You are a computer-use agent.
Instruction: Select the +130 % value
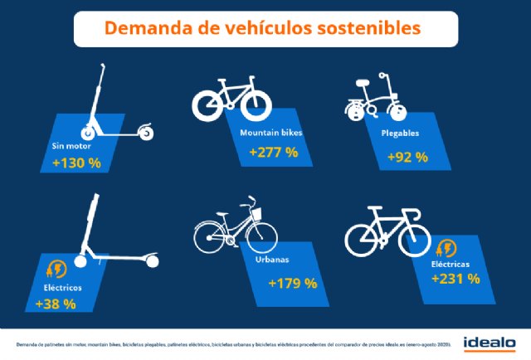pyautogui.click(x=76, y=163)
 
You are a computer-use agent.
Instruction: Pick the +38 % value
pyautogui.click(x=56, y=304)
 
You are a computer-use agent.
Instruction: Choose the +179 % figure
pyautogui.click(x=292, y=284)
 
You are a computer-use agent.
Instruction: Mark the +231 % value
pyautogui.click(x=455, y=279)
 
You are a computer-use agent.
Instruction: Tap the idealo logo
pyautogui.click(x=490, y=341)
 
